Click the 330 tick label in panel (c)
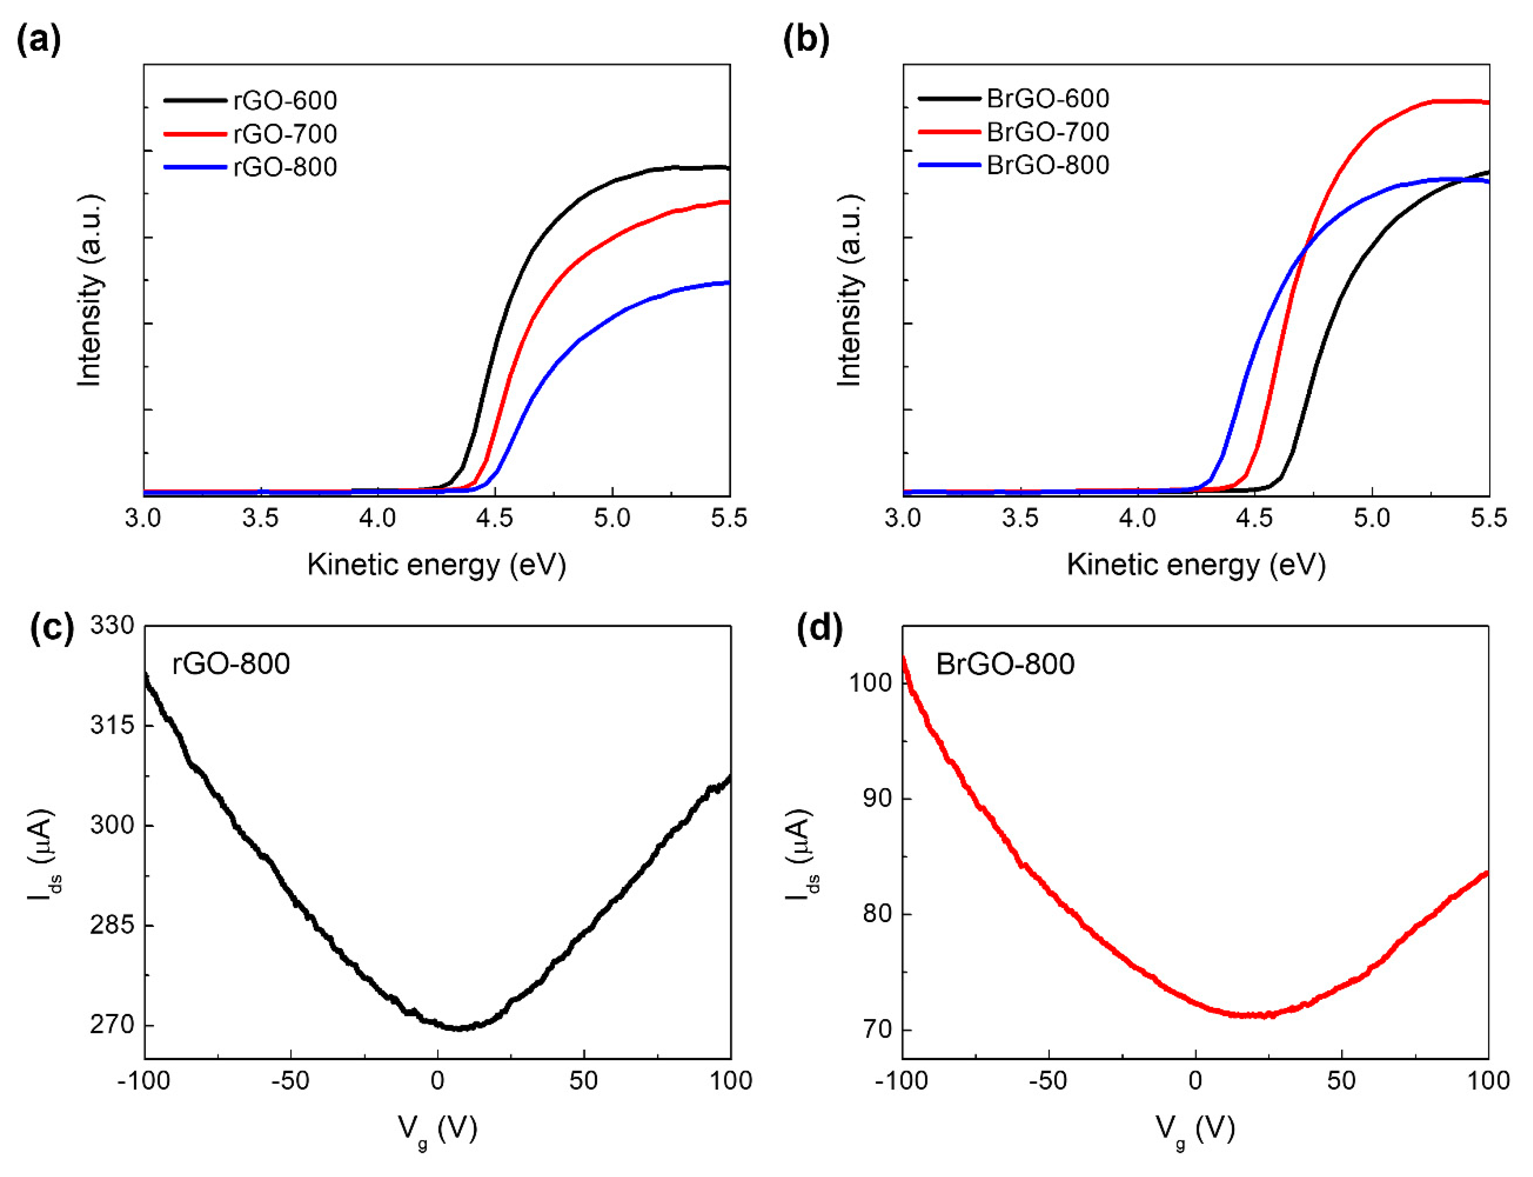tap(112, 625)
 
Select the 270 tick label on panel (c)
tap(112, 1024)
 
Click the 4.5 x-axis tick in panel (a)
tap(494, 518)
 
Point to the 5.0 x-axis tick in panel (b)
tap(1371, 518)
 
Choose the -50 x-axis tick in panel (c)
tap(290, 1080)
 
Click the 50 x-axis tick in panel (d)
tap(1341, 1080)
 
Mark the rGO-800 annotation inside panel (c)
tap(231, 664)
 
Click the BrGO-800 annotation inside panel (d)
tap(1005, 664)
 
